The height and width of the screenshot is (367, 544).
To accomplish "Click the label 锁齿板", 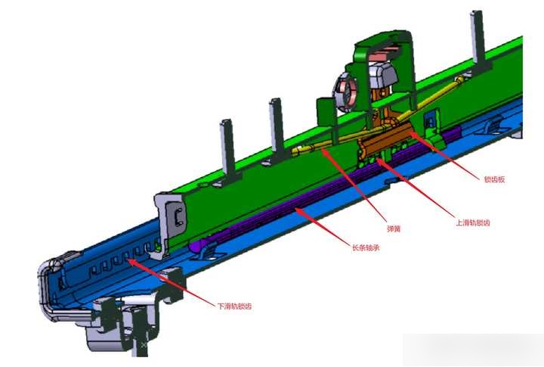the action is pos(494,179).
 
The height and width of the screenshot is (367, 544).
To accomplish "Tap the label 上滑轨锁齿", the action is pos(472,222).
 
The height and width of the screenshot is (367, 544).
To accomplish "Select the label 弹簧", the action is pos(394,229).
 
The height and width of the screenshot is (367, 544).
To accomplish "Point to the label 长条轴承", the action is pos(366,247).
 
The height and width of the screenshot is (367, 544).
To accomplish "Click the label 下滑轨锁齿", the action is pos(234,306).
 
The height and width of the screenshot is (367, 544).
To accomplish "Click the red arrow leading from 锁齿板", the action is pos(445,155).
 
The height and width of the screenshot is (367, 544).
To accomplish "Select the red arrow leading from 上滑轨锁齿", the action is pos(415,188).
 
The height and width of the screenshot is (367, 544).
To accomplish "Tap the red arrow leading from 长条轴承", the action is pos(323,226).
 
